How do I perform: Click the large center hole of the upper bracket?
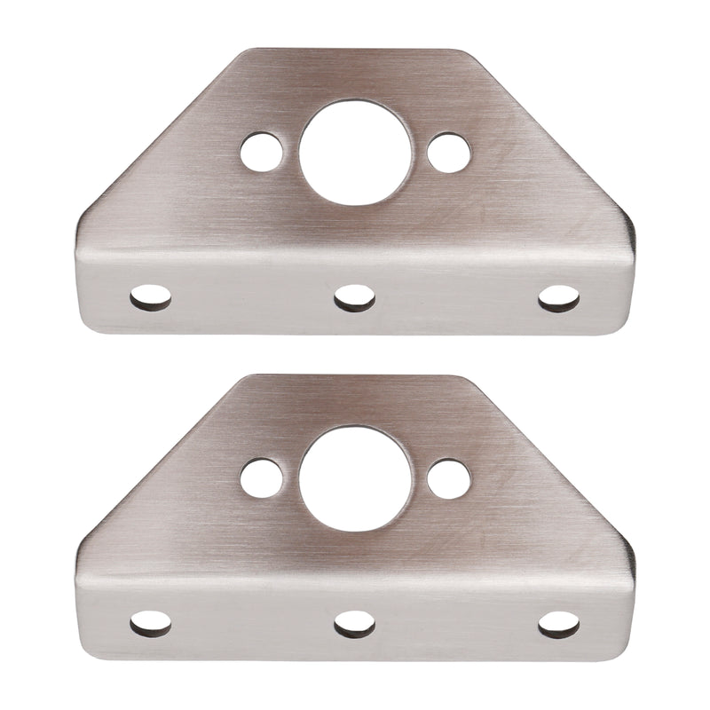[x=355, y=152]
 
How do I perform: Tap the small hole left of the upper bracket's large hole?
[x=262, y=152]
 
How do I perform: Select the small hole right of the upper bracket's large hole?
[x=449, y=152]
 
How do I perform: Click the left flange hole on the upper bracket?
[x=151, y=297]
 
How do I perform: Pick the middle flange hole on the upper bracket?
[x=355, y=297]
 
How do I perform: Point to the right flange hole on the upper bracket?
[x=559, y=297]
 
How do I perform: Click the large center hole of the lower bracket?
[x=355, y=478]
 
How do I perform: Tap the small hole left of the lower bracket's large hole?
[x=262, y=478]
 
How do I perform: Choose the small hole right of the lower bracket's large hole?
[x=449, y=478]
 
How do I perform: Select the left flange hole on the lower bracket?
[x=151, y=624]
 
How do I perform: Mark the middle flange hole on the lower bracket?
[x=355, y=624]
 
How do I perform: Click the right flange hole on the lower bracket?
[x=559, y=624]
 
